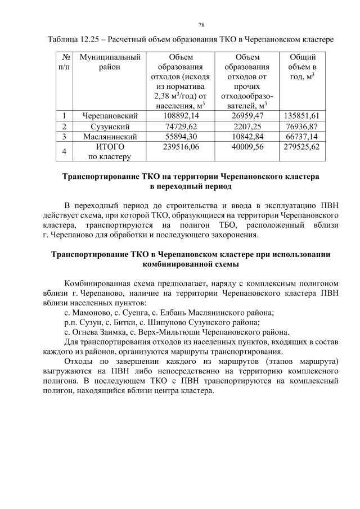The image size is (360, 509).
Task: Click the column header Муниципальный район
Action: (110, 61)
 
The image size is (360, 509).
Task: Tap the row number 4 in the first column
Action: (65, 151)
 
